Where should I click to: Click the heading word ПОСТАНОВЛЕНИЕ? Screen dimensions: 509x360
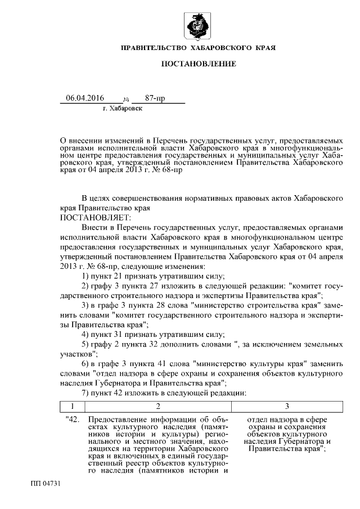click(199, 64)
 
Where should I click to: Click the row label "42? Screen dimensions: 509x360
click(73, 420)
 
